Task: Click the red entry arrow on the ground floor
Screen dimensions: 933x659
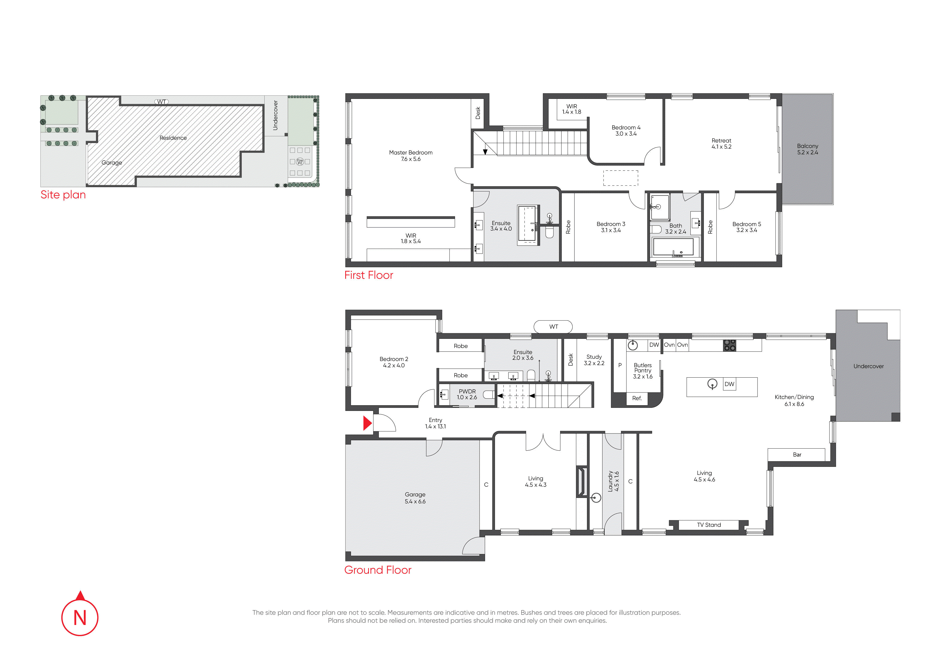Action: tap(367, 423)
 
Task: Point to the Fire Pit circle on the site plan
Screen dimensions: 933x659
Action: tap(300, 162)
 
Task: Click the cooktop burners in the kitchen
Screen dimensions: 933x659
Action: tap(730, 345)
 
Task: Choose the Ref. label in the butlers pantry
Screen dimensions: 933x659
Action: tap(637, 398)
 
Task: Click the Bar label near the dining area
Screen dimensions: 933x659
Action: tap(797, 455)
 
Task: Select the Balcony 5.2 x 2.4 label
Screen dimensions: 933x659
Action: tap(807, 149)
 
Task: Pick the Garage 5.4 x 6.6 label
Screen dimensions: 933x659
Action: tap(415, 498)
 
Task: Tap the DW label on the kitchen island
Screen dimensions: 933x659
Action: tap(730, 384)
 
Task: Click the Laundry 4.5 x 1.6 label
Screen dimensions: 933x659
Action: tap(613, 481)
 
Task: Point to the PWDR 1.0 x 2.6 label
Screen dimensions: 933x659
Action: tap(467, 394)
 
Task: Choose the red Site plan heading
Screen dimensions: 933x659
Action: tap(63, 195)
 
